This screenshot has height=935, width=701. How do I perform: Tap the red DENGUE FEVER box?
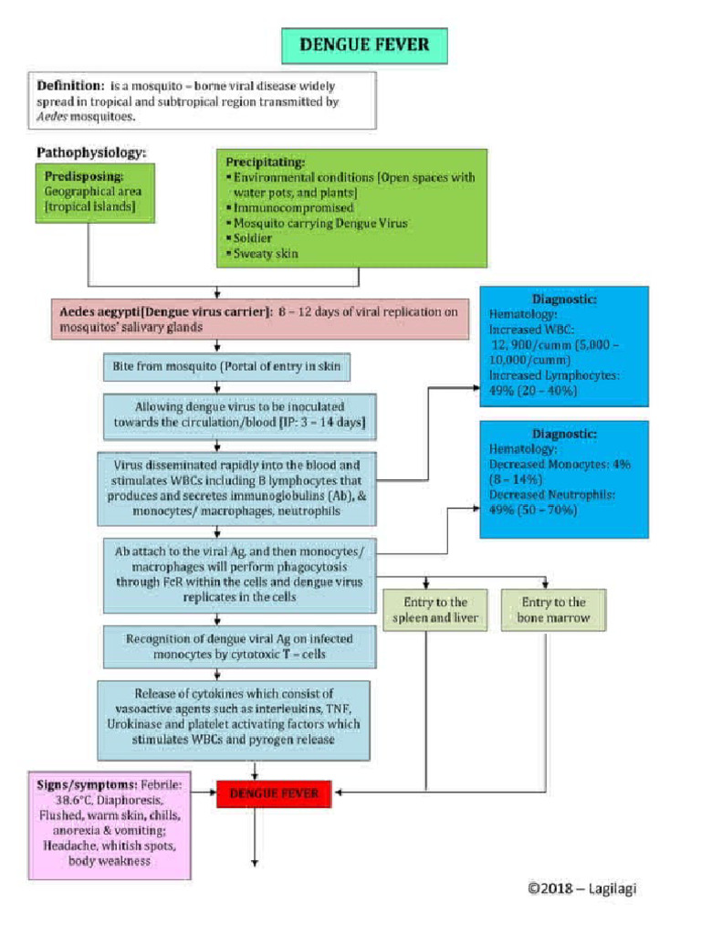coord(273,793)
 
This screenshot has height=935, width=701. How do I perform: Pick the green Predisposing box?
coord(95,192)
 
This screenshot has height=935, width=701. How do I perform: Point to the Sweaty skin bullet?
coord(266,254)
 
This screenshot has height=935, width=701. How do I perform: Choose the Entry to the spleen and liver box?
coord(429,610)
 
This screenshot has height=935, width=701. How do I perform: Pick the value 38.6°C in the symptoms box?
coord(60,798)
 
